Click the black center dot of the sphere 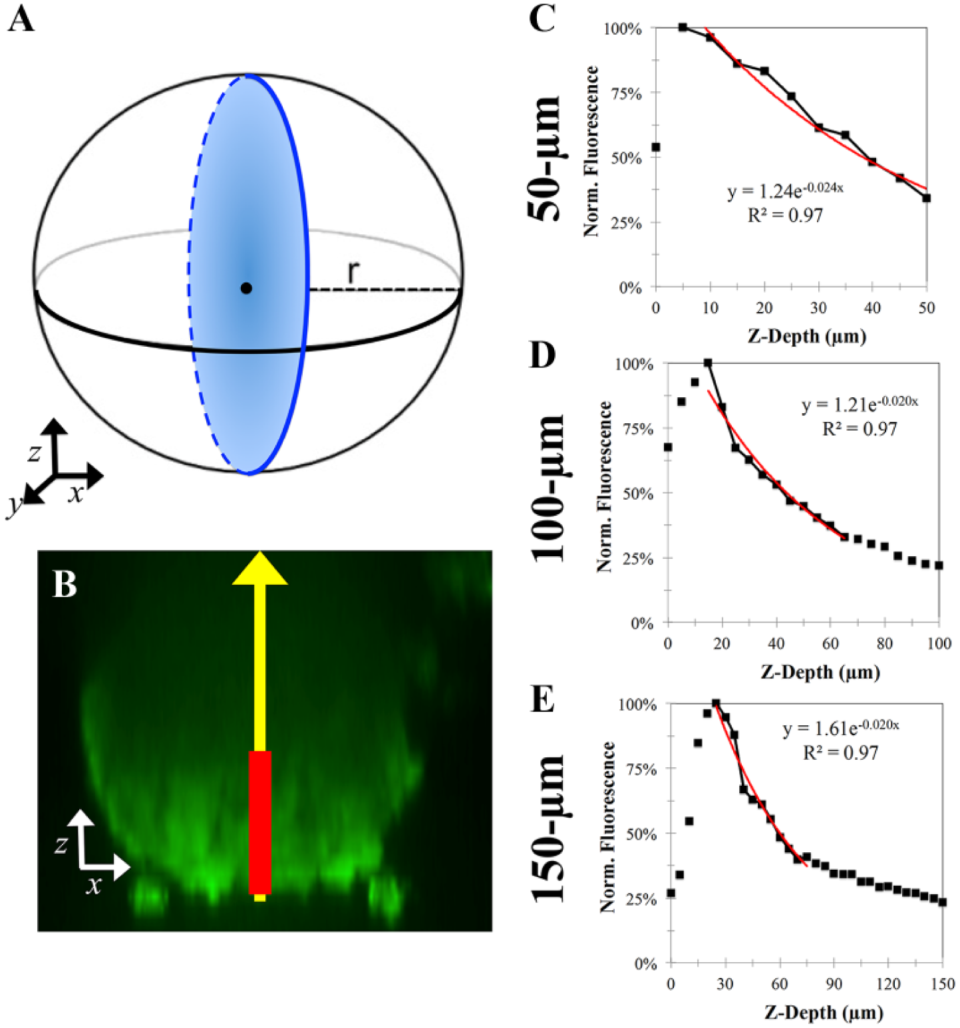(246, 288)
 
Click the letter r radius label (353, 271)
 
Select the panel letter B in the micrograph (65, 584)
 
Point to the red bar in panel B (260, 822)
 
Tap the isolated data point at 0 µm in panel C (656, 147)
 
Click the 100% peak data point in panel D (708, 363)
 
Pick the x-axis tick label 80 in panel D (884, 643)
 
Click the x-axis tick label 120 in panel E (888, 984)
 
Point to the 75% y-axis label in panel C (626, 93)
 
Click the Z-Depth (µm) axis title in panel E (824, 1013)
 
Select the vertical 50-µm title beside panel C (545, 158)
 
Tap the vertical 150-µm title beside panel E (548, 828)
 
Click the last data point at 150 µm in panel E (942, 902)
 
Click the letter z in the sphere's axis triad (34, 453)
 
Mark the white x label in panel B (94, 885)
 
